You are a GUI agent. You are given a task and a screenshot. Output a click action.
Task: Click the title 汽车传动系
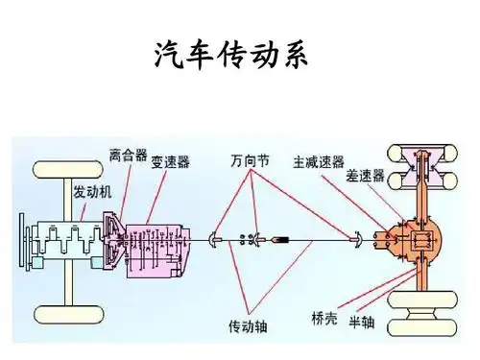click(240, 56)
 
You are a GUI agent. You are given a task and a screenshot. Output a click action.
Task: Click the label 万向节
click(251, 159)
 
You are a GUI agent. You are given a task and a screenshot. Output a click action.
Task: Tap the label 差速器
click(365, 176)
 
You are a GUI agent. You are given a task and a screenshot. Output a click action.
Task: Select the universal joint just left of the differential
click(356, 238)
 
